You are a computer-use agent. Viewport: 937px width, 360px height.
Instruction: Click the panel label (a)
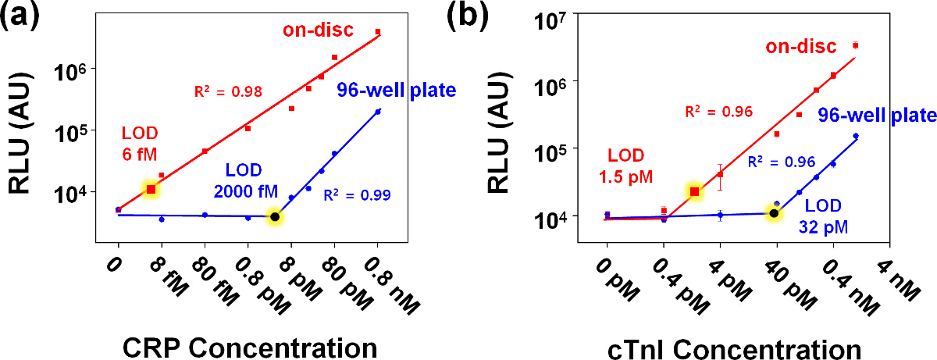[26, 16]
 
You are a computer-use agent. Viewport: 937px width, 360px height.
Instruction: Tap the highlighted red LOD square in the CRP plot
[151, 189]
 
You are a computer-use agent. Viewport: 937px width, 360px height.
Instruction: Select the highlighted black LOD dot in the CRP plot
[274, 216]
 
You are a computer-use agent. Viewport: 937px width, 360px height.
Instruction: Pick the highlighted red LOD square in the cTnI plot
[694, 191]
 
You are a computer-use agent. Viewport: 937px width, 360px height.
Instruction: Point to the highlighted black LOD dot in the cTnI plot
[774, 213]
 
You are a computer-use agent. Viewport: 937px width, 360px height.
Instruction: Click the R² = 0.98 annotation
[228, 92]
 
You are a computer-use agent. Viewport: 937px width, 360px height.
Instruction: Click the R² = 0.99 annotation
[359, 194]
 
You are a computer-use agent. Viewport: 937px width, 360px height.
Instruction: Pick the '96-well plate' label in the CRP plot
[397, 91]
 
